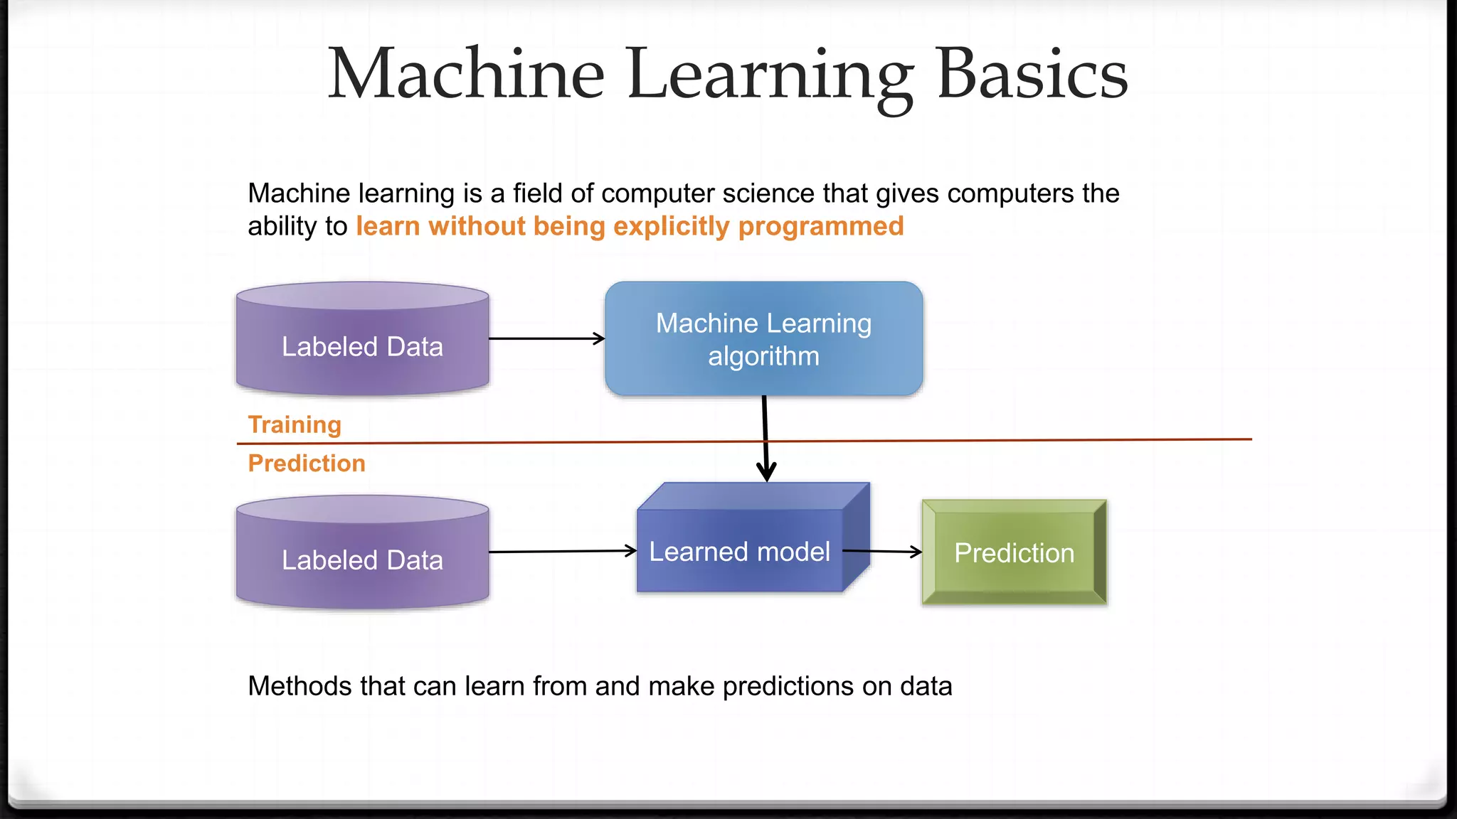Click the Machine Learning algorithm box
coord(763,339)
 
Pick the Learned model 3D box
coord(740,551)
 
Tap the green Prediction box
coord(1014,552)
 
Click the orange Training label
coord(295,424)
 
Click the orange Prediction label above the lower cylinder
coord(307,464)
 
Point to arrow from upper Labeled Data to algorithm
coord(546,338)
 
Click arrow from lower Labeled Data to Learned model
coord(562,551)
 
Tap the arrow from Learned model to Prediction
coord(882,551)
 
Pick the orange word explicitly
coord(671,226)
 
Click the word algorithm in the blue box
coord(763,356)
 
